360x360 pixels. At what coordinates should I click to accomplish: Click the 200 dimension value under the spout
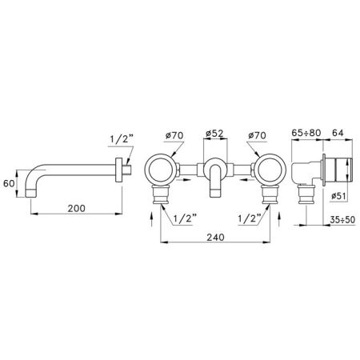(76, 208)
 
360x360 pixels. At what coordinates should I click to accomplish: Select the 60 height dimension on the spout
(9, 183)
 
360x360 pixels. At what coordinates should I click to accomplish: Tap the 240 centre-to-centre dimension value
(215, 237)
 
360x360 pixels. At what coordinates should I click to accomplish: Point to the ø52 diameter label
(215, 134)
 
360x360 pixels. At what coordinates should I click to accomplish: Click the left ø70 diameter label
(174, 135)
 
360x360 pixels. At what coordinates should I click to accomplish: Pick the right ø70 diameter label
(257, 135)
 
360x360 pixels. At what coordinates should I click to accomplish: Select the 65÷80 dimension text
(306, 133)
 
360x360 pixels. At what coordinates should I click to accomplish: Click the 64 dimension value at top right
(338, 133)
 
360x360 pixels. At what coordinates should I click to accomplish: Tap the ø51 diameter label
(338, 196)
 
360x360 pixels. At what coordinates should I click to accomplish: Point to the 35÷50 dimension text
(342, 220)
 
